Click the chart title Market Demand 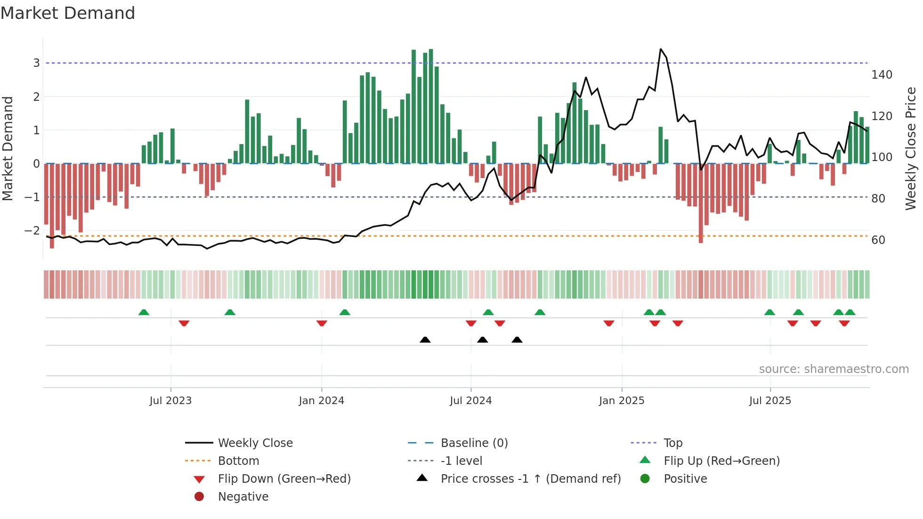pos(68,13)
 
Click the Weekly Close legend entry pos(255,443)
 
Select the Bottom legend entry pos(238,461)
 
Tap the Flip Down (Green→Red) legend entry pos(284,478)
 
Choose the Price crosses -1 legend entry pos(530,478)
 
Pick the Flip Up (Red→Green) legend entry pos(721,461)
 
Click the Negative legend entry pos(243,496)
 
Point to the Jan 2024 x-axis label pos(321,400)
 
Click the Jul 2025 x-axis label pos(770,400)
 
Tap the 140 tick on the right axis pos(882,75)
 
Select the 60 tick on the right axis pos(878,240)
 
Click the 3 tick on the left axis pos(36,63)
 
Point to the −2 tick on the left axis pos(32,231)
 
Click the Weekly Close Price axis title pos(911,148)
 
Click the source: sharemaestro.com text pos(834,369)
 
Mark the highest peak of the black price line pos(661,49)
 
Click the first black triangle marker pos(425,340)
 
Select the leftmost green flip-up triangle pos(144,312)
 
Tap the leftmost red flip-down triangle pos(184,323)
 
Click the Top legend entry pos(672,443)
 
